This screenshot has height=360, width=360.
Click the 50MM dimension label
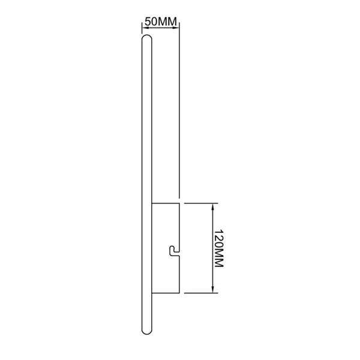click(161, 22)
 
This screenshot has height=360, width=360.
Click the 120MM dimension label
click(218, 248)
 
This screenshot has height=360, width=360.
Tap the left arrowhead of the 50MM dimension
click(145, 28)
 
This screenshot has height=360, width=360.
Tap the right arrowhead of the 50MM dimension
click(176, 28)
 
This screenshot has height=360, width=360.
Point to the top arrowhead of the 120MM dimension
click(213, 206)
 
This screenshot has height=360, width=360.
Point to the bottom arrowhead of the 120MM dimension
click(213, 290)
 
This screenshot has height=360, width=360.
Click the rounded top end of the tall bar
click(147, 38)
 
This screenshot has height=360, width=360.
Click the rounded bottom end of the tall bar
click(147, 331)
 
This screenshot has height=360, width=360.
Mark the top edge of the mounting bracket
click(166, 203)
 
